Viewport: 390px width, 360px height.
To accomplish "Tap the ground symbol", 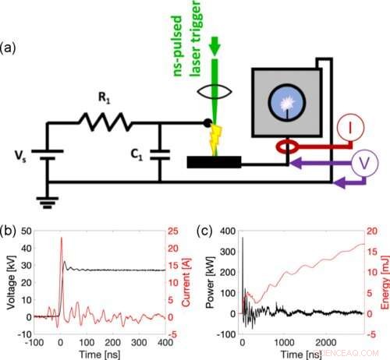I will pos(48,198).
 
